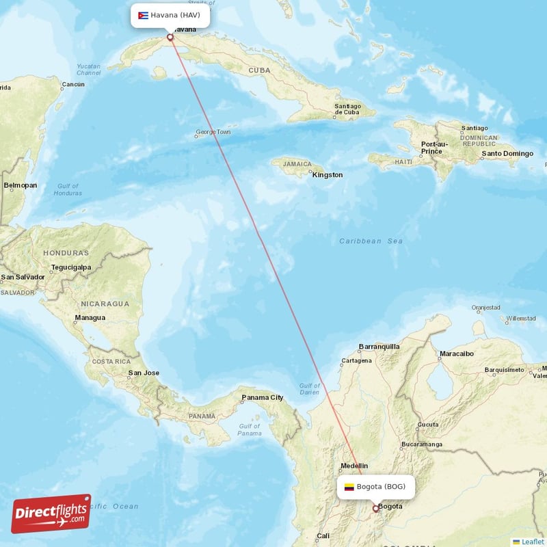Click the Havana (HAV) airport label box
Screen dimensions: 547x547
[x=170, y=16]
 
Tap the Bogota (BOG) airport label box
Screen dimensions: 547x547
[x=375, y=487]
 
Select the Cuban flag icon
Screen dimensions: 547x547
[x=144, y=16]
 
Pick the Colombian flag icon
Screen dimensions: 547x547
[x=349, y=487]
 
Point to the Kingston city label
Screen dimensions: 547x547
[x=328, y=175]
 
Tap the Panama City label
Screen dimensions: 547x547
[x=262, y=397]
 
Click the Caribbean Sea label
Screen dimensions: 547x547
[x=371, y=241]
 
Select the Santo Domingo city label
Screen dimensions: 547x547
[x=507, y=154]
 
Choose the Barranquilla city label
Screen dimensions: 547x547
[x=379, y=347]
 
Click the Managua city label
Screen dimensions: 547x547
[x=90, y=317]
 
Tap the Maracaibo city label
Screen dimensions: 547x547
[x=456, y=353]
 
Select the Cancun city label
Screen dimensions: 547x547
[x=72, y=85]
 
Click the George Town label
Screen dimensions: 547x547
[x=213, y=132]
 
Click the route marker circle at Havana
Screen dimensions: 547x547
[x=170, y=38]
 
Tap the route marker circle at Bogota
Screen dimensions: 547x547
[x=375, y=509]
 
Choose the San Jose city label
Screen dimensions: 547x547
[x=144, y=373]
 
